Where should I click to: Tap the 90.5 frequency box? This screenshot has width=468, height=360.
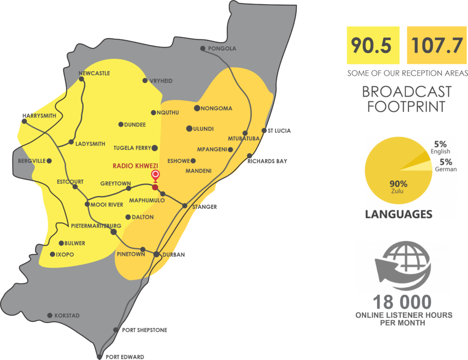click(x=373, y=45)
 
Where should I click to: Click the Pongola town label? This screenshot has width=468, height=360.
click(x=222, y=48)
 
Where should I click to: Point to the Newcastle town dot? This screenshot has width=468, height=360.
click(x=81, y=79)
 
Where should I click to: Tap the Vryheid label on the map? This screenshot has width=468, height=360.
click(x=161, y=81)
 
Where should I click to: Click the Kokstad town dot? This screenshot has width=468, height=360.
click(x=50, y=316)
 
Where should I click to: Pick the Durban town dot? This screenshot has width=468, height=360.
click(x=156, y=254)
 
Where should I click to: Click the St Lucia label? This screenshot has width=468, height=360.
click(x=279, y=131)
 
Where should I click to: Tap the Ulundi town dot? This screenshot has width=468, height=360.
click(x=189, y=128)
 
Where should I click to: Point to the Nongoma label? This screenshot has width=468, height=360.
click(x=217, y=108)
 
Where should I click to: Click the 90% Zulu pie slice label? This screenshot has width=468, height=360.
click(x=398, y=186)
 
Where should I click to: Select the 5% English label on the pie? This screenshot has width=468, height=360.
click(x=440, y=148)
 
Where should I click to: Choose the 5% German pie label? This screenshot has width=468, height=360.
click(x=446, y=164)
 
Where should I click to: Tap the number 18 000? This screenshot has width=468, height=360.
click(x=402, y=302)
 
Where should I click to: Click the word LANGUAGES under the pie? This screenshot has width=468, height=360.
click(x=399, y=214)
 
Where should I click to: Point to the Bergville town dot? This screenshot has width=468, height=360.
click(x=49, y=161)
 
